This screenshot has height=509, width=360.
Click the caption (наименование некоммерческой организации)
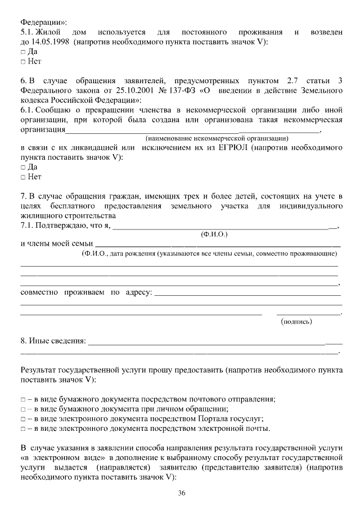point(217,138)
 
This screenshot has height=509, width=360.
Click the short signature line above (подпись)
point(308,313)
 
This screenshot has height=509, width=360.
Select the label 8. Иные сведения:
point(53,341)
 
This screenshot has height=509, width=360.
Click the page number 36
point(182,493)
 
